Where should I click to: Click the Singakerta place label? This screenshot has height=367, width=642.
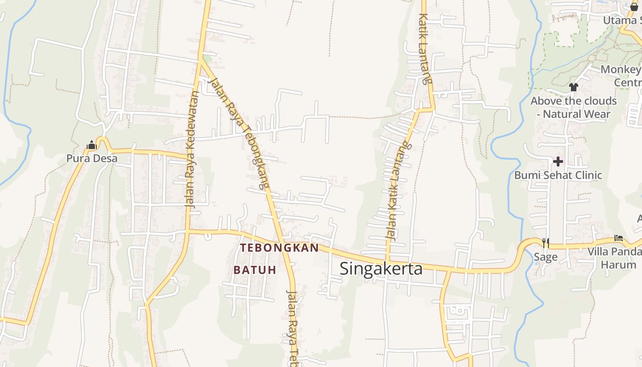[381, 268]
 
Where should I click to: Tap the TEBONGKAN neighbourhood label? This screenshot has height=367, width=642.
[279, 248]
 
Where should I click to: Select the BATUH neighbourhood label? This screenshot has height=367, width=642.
[255, 270]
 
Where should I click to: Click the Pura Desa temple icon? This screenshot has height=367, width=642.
[92, 145]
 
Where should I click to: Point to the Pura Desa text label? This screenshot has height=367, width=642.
[92, 159]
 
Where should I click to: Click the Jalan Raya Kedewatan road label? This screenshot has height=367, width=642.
[192, 150]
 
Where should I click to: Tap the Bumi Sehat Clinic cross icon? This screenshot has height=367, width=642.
[558, 161]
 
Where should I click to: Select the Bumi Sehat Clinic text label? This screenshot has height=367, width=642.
[558, 175]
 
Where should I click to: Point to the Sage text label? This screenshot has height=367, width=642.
[545, 257]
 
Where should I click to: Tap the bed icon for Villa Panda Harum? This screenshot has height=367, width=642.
[619, 238]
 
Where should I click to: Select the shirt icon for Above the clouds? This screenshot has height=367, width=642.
[573, 87]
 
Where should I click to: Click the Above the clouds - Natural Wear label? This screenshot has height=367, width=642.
[574, 107]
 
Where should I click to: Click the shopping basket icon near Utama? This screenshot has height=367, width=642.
[634, 6]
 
